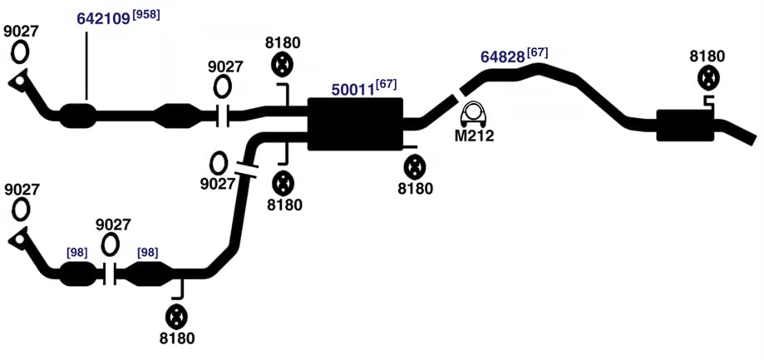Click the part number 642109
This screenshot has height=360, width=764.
104,18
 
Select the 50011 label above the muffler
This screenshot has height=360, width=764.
352,89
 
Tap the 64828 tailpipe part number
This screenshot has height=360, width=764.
503,56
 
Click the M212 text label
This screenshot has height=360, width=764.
474,136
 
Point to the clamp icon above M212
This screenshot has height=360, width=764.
474,116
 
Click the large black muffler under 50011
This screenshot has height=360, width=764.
355,124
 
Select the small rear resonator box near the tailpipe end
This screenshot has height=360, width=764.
684,126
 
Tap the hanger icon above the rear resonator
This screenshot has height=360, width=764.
707,78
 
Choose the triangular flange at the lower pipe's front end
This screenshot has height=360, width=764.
19,239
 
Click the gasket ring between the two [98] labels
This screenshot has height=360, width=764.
110,244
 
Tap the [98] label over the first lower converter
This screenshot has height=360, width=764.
77,253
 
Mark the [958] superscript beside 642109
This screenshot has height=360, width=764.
146,15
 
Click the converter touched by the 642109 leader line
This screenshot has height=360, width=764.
77,116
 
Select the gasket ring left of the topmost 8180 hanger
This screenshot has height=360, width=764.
223,86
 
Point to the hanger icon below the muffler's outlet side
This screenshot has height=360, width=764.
415,167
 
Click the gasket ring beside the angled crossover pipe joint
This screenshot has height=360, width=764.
219,164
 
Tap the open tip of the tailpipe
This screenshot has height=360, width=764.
753,138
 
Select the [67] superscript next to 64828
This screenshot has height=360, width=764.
537,52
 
